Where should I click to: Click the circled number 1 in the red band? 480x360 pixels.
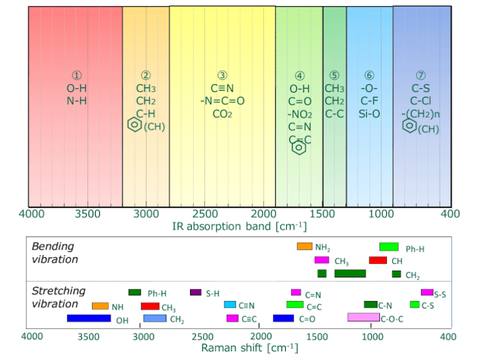coord(76,76)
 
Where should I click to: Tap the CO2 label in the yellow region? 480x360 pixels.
coord(222,114)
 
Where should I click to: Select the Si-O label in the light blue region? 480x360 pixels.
coord(369,114)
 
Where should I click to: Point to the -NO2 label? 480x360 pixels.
coord(299,114)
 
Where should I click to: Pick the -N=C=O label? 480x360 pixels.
coord(222,101)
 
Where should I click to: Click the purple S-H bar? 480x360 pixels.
coord(196,292)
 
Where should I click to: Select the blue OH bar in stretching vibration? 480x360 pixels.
coord(89,318)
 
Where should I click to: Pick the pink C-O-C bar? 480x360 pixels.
coord(363,317)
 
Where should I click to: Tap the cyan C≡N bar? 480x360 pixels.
coord(229,305)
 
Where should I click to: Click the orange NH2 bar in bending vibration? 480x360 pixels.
coord(304,246)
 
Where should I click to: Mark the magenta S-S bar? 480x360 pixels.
coord(427,292)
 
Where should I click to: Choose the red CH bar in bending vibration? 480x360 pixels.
coord(377,260)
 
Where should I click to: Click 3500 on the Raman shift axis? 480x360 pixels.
coord(88,336)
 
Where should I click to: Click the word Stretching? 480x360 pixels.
coord(58,291)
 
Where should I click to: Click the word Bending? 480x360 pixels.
coord(52,246)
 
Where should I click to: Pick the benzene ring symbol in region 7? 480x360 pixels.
coord(408,126)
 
